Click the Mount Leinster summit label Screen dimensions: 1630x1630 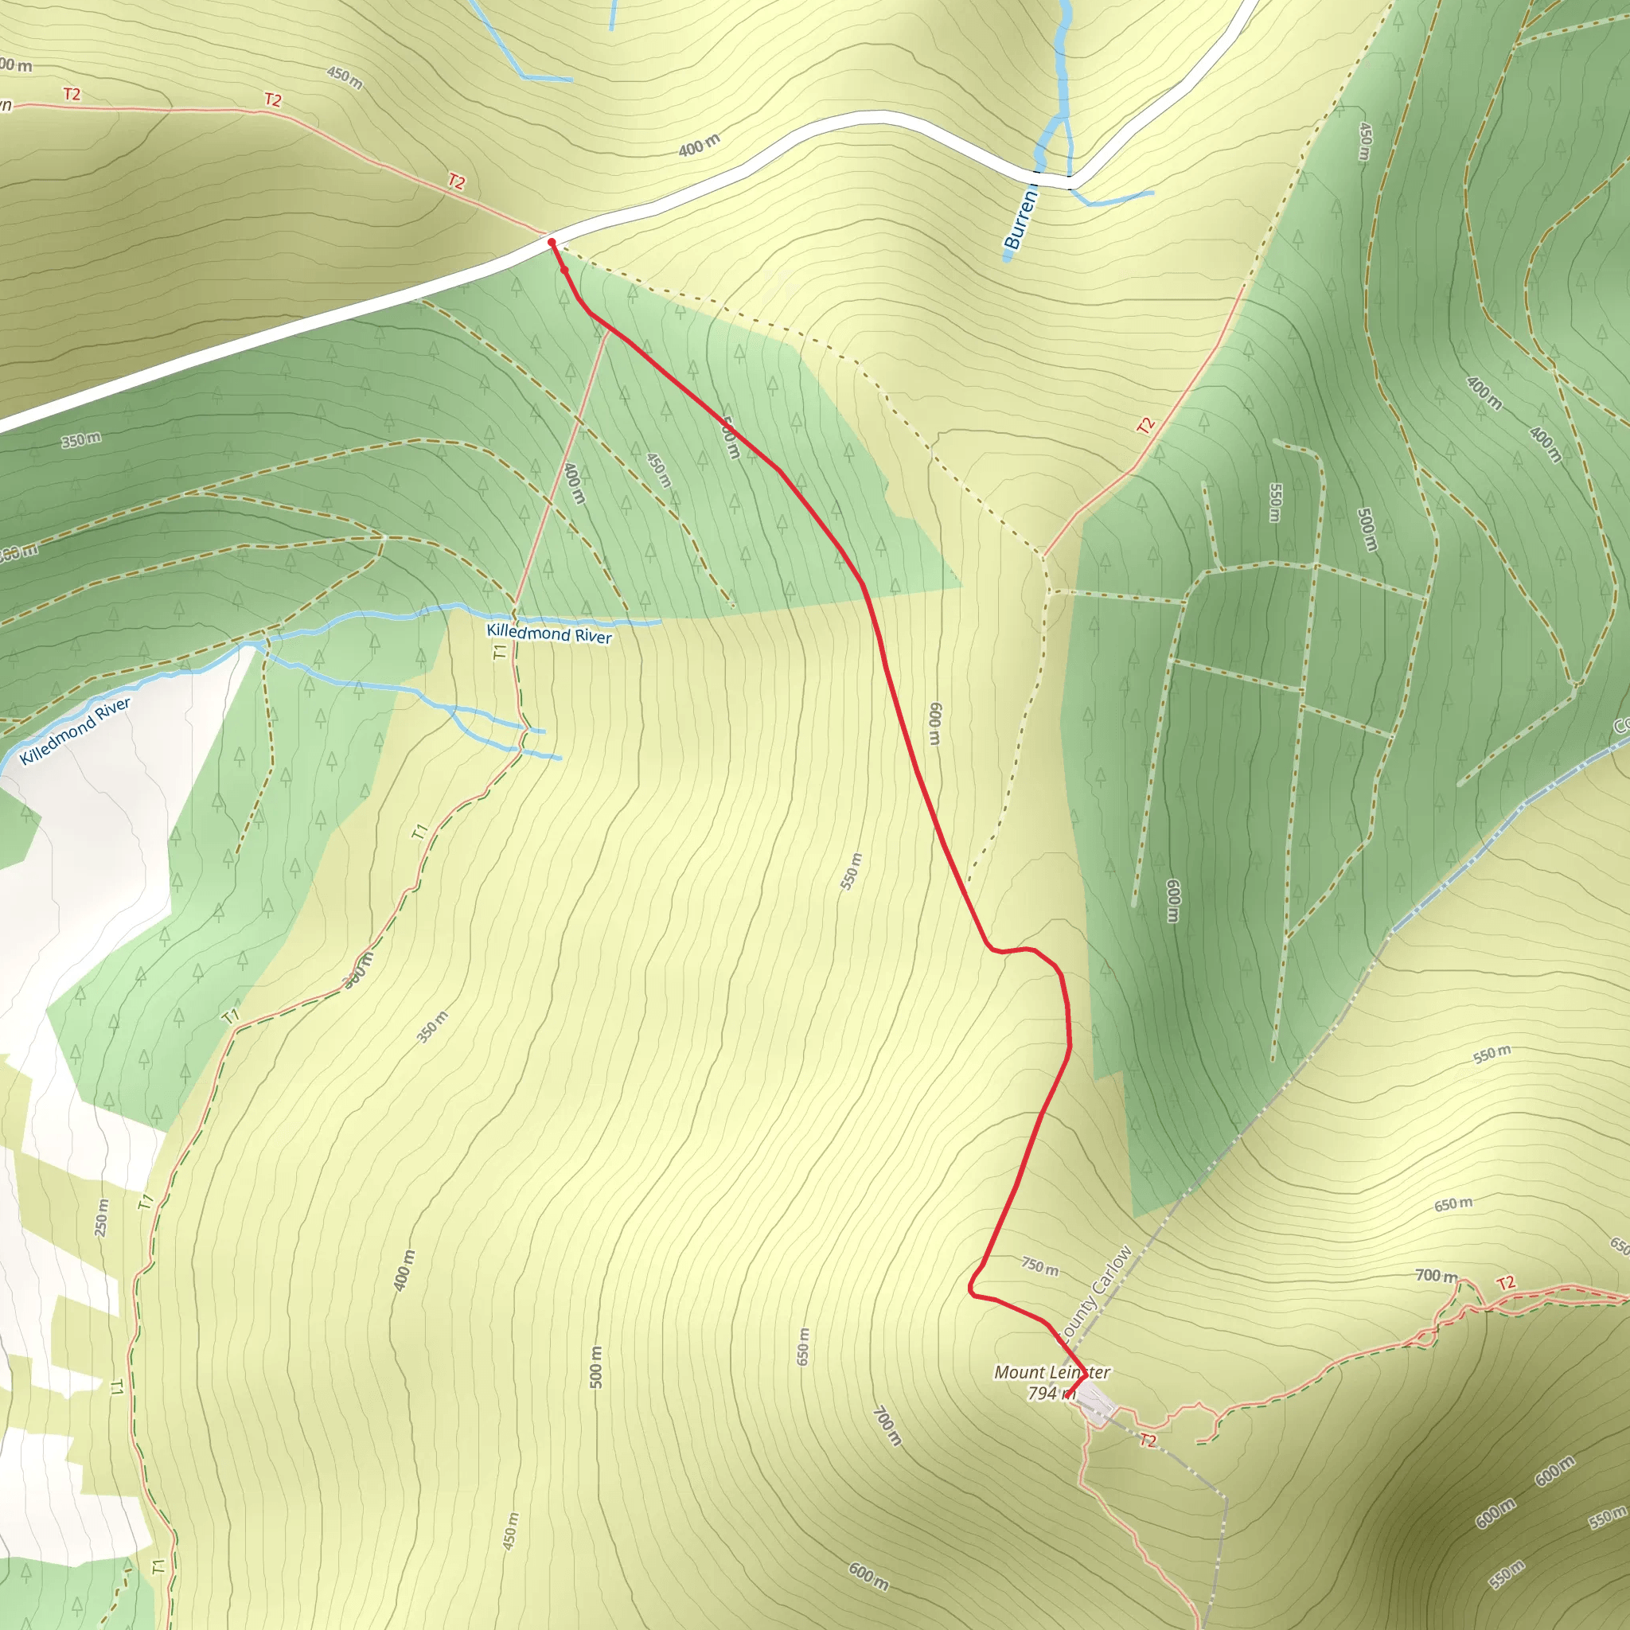[x=1051, y=1373]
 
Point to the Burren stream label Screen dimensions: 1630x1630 [x=1020, y=220]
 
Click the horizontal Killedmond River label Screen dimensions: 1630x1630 [x=548, y=634]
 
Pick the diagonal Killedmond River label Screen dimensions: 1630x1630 [x=75, y=731]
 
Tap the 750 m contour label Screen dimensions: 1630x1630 [x=1039, y=1266]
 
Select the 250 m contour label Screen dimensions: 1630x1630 [x=101, y=1218]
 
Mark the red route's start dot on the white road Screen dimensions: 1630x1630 [x=551, y=242]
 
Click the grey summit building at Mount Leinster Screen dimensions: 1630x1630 [x=1097, y=1404]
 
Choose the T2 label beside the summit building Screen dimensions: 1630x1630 [x=1148, y=1440]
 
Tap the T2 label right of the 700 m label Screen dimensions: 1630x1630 [x=1506, y=1283]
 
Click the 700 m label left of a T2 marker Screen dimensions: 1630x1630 [x=1436, y=1276]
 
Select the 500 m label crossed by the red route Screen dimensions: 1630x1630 [x=731, y=439]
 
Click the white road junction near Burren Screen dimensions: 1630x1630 [x=1070, y=181]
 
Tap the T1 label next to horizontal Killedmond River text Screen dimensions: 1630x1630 [x=501, y=650]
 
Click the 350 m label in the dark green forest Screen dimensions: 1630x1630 [x=81, y=439]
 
